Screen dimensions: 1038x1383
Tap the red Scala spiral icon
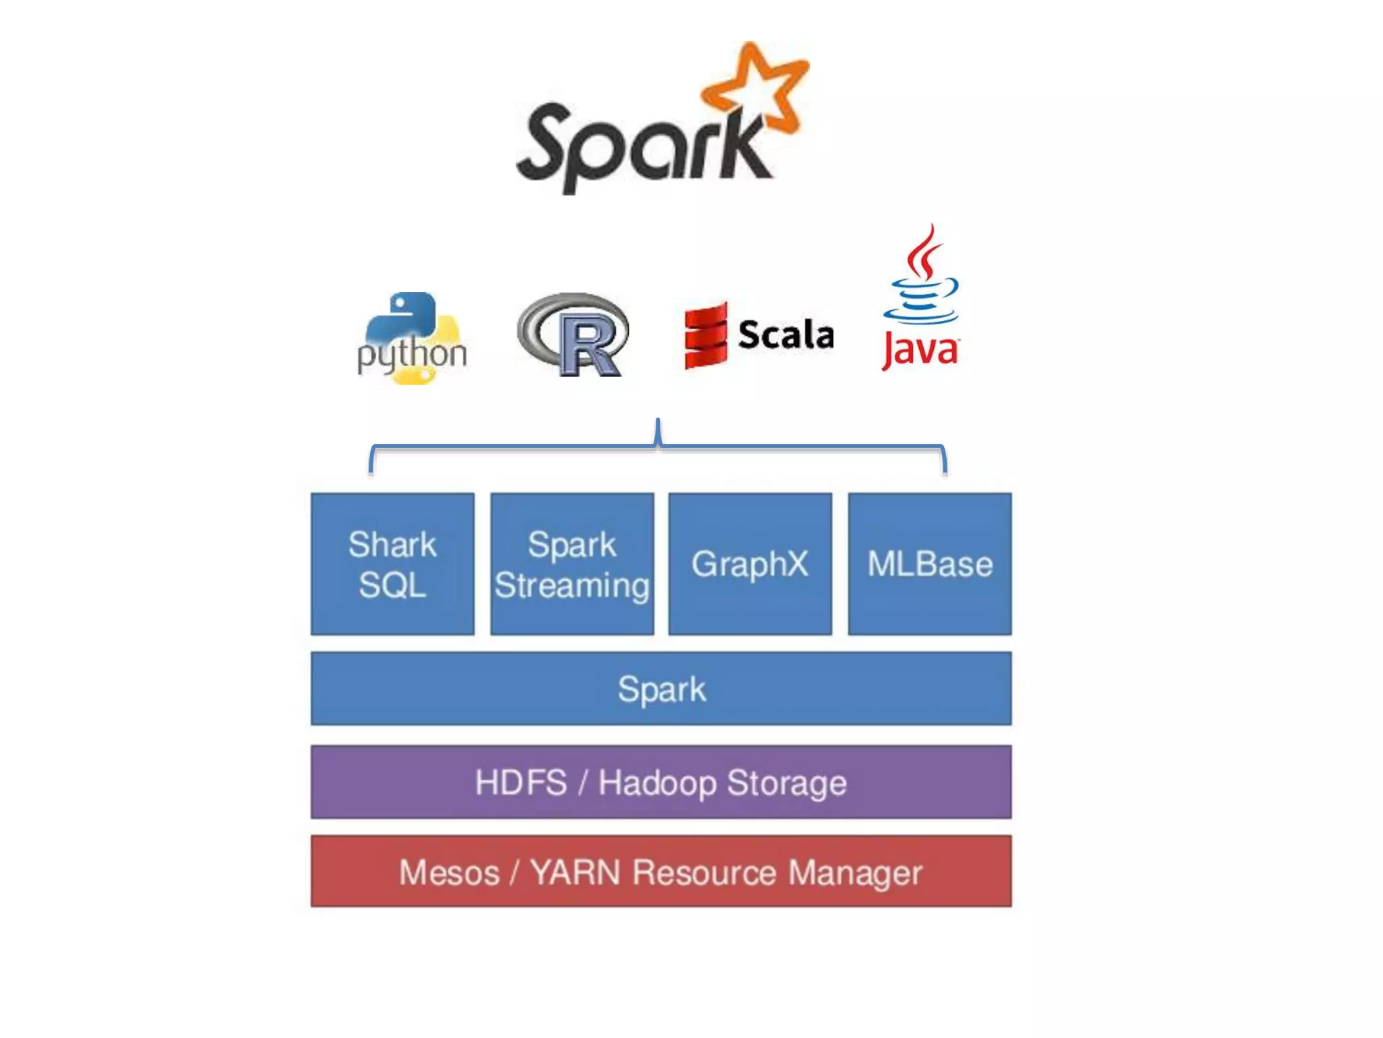[x=706, y=335]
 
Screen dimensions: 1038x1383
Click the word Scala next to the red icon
[x=786, y=335]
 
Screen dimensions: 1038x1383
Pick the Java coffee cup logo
[x=921, y=297]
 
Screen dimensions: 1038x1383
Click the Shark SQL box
[x=392, y=564]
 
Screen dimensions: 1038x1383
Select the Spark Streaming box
[x=572, y=564]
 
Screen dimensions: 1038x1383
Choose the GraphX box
[x=750, y=564]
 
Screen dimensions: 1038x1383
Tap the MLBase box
[x=930, y=564]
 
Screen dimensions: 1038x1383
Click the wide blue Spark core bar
[x=661, y=689]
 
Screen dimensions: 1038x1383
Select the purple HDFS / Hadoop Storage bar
[x=661, y=782]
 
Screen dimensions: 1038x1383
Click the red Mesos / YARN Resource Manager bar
[x=661, y=872]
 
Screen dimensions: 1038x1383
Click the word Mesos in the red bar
[x=449, y=872]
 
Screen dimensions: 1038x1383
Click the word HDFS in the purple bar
[x=521, y=783]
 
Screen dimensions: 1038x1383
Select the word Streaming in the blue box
[x=572, y=585]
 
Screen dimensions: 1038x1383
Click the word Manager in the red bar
[x=855, y=872]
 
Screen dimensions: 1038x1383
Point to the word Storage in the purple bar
[x=787, y=783]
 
